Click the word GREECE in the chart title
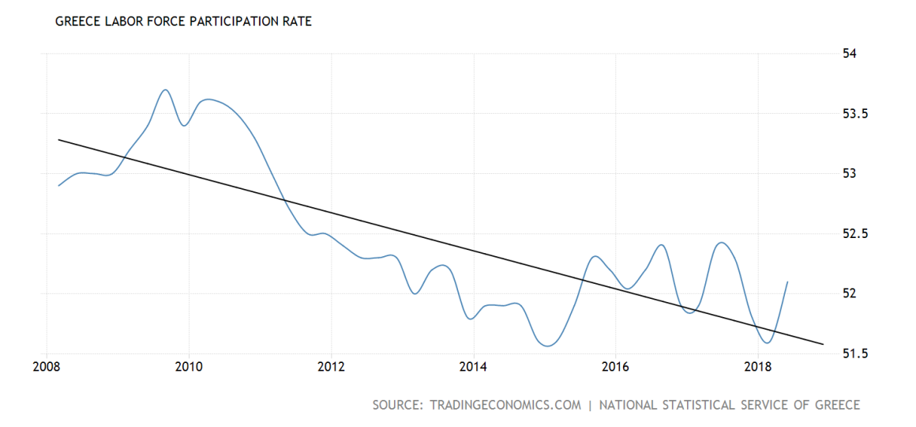click(77, 21)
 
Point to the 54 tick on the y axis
click(850, 54)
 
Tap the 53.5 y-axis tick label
click(855, 114)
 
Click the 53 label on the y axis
click(850, 174)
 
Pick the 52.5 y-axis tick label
click(855, 234)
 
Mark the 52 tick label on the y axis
click(850, 294)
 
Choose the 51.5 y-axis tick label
click(855, 353)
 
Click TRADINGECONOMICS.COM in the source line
click(505, 405)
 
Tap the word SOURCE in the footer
click(396, 405)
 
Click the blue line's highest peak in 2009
click(165, 89)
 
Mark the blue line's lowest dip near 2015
click(547, 346)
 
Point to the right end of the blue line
click(788, 282)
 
